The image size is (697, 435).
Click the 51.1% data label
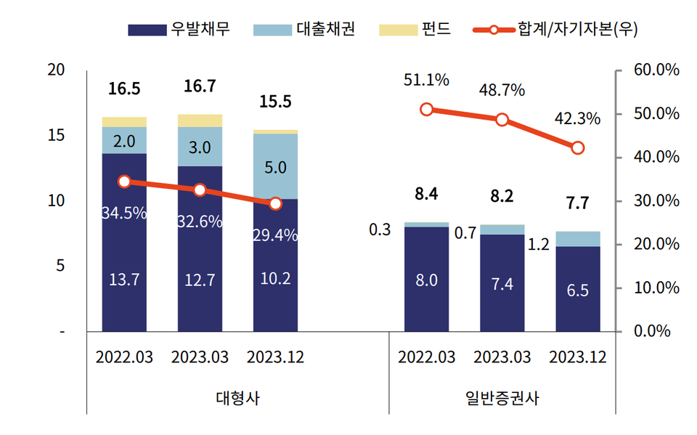tap(426, 79)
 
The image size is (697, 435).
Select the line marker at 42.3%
tap(578, 147)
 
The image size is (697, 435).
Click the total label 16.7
tap(200, 86)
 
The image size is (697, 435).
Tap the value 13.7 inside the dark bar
tap(124, 280)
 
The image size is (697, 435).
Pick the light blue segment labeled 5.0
tap(275, 167)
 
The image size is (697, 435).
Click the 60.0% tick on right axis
tap(655, 70)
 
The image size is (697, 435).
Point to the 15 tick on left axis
tap(55, 135)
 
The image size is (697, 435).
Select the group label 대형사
tap(237, 398)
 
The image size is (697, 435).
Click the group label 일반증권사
tap(502, 398)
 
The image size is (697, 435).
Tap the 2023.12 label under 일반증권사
tap(578, 357)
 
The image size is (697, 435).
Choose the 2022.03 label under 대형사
tap(124, 357)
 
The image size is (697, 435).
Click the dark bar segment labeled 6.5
tap(578, 290)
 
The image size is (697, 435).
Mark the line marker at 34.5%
tap(124, 182)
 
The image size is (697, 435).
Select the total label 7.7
tap(578, 203)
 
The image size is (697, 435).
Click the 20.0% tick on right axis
tap(655, 245)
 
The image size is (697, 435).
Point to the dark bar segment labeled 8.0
tap(426, 280)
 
